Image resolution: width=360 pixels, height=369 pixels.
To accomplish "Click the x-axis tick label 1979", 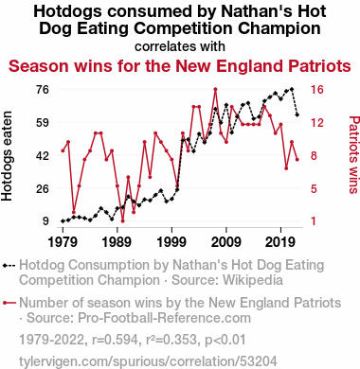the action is tap(63, 242).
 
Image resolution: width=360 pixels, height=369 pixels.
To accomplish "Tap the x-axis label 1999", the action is tap(171, 242).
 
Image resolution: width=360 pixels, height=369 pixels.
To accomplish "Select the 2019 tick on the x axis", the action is tap(280, 242).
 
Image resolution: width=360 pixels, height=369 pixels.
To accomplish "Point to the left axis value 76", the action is tap(43, 90).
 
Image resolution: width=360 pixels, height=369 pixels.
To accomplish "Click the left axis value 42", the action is tap(43, 156).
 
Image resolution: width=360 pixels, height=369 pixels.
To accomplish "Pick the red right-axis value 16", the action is tap(317, 90).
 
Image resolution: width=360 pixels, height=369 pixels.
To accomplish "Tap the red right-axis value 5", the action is tap(314, 188).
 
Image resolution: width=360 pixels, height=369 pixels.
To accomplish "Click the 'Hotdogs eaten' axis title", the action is tap(7, 156).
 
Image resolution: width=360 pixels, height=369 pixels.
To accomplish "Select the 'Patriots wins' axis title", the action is tap(354, 154).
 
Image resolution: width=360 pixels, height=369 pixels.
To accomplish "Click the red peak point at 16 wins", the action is tap(215, 89).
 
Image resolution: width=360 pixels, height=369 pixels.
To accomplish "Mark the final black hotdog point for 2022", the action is tap(297, 114).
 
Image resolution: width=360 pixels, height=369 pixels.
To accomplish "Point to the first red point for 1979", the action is tap(63, 150).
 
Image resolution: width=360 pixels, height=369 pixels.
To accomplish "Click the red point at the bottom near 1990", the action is tap(122, 220).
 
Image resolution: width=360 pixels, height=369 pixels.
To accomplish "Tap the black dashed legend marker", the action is tap(9, 266).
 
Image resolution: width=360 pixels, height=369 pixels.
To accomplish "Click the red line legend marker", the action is tap(9, 304).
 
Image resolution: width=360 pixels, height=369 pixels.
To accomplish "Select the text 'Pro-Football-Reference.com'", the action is tap(164, 318).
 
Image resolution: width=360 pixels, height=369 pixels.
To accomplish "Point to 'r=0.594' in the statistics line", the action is tap(115, 340).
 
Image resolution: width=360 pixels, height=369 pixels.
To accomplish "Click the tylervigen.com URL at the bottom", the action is tap(148, 361).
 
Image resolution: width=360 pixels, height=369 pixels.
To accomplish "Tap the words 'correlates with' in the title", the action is tap(180, 46).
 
